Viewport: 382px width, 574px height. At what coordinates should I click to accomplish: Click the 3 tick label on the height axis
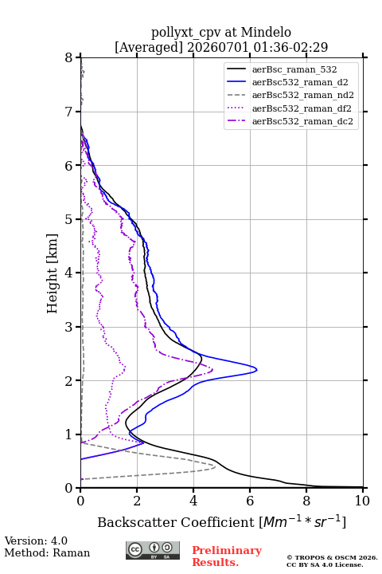[69, 327]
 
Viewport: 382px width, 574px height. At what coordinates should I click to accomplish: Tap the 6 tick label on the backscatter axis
[250, 501]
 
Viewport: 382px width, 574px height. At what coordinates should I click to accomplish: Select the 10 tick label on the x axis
[362, 501]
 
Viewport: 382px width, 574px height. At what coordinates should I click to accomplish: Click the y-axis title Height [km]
[52, 273]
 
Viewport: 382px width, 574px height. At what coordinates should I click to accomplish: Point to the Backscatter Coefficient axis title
[221, 522]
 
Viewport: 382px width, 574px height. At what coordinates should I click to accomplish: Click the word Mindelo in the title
[266, 32]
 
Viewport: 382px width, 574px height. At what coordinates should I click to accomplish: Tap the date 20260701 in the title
[218, 47]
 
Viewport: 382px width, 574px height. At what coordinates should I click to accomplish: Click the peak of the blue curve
[256, 370]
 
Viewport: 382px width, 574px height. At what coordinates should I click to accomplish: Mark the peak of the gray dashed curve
[215, 466]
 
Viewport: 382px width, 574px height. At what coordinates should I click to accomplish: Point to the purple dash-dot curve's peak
[212, 371]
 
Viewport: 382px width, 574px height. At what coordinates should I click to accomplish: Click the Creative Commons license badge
[153, 550]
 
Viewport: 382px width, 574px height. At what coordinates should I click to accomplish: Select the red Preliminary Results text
[227, 556]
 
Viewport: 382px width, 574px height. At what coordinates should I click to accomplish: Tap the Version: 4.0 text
[36, 541]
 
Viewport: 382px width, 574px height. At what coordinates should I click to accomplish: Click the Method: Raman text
[47, 552]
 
